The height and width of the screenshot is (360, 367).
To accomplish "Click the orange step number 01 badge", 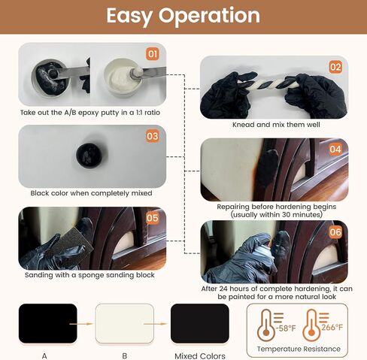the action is pos(153,54).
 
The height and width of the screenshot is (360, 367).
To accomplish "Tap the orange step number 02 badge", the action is pos(335,67).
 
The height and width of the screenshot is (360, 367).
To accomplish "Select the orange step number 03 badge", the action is pos(153,136).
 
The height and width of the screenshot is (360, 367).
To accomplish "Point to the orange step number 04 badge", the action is pos(335,150).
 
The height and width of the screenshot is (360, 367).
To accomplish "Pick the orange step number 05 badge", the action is pos(153,218).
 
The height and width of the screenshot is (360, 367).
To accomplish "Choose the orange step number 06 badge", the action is pos(335,232).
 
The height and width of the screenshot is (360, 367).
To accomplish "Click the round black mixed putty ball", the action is pos(89,154).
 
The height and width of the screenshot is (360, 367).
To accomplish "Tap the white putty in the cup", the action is pos(123,77).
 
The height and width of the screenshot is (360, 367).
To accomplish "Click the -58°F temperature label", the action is pos(286,328).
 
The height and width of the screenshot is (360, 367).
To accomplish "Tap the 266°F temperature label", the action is pos(332,327).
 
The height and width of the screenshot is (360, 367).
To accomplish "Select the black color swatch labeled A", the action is pos(48,323).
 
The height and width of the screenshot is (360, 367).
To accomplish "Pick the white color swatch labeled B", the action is pos(125,323).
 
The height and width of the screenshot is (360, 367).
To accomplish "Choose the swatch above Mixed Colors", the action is pos(200,323).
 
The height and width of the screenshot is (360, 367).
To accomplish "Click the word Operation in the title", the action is pos(209,17).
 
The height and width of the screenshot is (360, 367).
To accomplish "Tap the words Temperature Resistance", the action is pos(299,349).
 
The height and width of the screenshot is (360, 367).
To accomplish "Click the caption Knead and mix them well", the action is pos(276,125).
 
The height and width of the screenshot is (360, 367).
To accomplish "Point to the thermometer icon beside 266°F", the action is pos(311,325).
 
